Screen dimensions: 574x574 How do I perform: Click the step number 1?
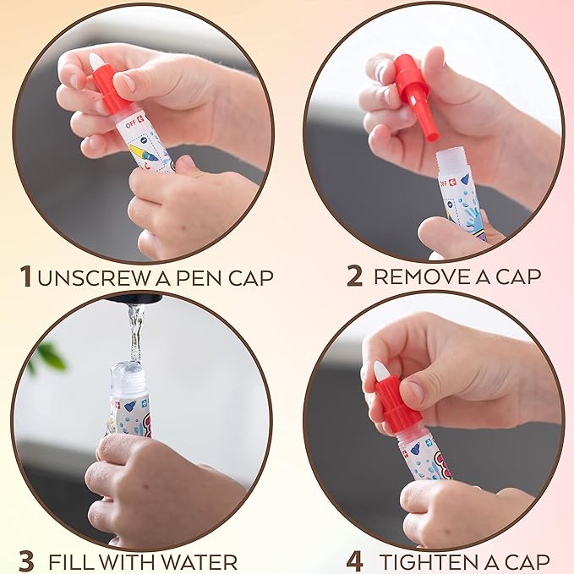26,276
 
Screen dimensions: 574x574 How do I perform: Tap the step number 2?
354,276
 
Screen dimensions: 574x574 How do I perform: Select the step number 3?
26,562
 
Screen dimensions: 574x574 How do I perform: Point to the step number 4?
355,562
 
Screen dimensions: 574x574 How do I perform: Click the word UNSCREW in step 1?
93,278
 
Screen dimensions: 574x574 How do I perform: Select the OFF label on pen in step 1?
130,124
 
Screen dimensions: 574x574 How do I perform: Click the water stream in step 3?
134,333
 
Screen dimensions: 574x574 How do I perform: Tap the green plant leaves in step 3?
47,357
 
